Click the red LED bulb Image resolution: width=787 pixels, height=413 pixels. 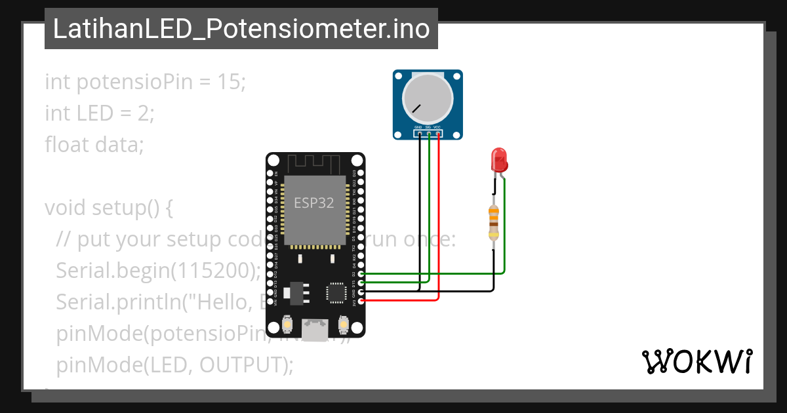[x=498, y=159]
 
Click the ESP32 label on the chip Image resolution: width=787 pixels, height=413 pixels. [x=313, y=203]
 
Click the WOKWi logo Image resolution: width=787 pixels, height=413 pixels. [x=696, y=361]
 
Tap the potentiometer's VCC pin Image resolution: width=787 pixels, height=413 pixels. [x=437, y=134]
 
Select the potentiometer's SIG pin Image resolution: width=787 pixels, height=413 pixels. [x=428, y=134]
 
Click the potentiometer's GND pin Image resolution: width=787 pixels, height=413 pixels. [x=418, y=134]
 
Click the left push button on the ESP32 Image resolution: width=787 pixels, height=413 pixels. [x=287, y=324]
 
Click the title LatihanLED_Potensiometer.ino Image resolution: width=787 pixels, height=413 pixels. [x=241, y=29]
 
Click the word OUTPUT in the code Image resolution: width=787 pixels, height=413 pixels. [x=242, y=364]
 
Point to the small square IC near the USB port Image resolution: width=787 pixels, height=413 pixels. [x=336, y=292]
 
